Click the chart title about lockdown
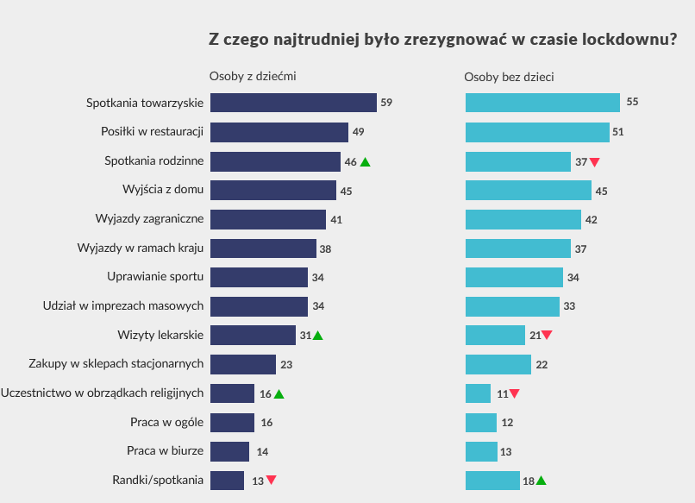[x=442, y=40]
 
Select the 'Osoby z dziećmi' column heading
[x=253, y=77]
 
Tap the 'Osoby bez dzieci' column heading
[x=509, y=77]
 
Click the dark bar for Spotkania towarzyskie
[x=293, y=103]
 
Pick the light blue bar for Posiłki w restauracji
[x=537, y=132]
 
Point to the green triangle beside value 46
[x=365, y=161]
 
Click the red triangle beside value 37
[x=594, y=162]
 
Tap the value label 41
[x=336, y=220]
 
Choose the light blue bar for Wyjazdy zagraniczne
[x=523, y=219]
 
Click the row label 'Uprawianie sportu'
[x=155, y=277]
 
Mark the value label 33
[x=569, y=306]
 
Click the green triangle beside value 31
[x=317, y=336]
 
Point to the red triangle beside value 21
[x=547, y=336]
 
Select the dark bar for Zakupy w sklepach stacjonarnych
[x=243, y=364]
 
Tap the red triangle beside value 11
[x=515, y=394]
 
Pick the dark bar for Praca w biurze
[x=229, y=451]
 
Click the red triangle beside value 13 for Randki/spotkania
[x=271, y=480]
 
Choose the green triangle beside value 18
[x=541, y=481]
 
